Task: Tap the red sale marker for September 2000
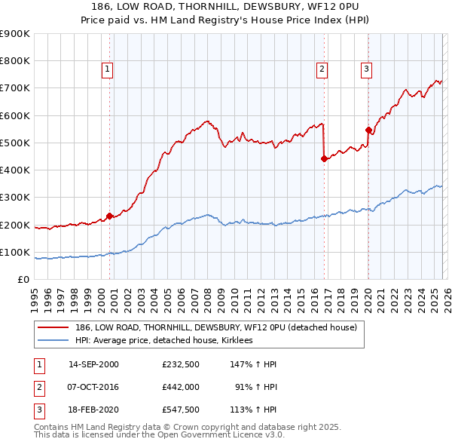point(109,216)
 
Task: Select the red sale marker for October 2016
point(323,158)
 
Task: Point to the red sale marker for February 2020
point(368,129)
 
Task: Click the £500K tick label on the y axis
point(14,143)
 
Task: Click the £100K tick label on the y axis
point(14,252)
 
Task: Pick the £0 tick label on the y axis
point(23,279)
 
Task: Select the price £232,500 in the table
point(182,364)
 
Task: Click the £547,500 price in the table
point(182,411)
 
